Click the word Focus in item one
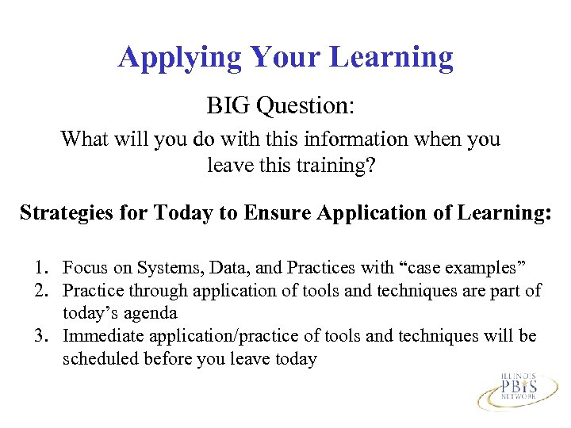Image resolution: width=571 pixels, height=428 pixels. [x=85, y=268]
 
